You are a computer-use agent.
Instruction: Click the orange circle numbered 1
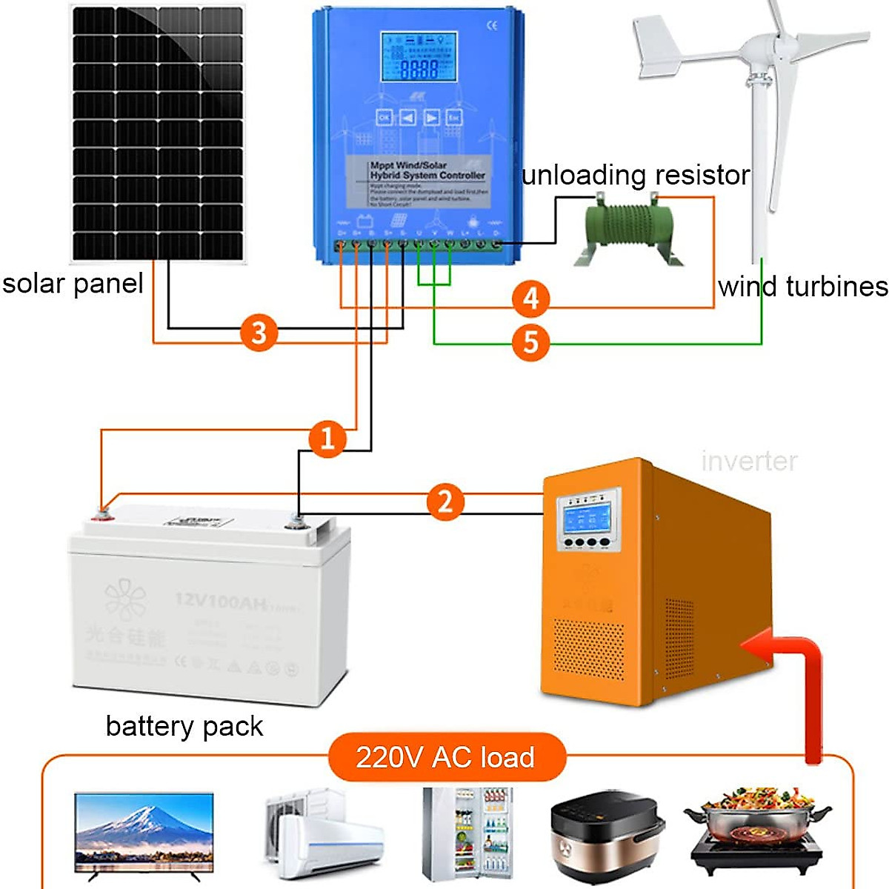click(327, 438)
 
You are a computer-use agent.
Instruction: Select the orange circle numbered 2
click(444, 502)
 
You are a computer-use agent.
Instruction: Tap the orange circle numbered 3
click(258, 333)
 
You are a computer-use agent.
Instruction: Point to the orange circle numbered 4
click(530, 299)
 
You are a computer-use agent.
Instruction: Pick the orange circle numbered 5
click(530, 342)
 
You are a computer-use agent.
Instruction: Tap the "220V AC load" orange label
click(446, 757)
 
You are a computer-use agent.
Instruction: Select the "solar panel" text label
click(73, 284)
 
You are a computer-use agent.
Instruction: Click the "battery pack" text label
click(184, 726)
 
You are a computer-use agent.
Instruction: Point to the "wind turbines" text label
click(802, 287)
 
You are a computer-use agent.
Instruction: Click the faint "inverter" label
click(749, 462)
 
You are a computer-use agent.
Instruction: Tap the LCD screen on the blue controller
click(418, 57)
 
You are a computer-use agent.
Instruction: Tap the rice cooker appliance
click(607, 837)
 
